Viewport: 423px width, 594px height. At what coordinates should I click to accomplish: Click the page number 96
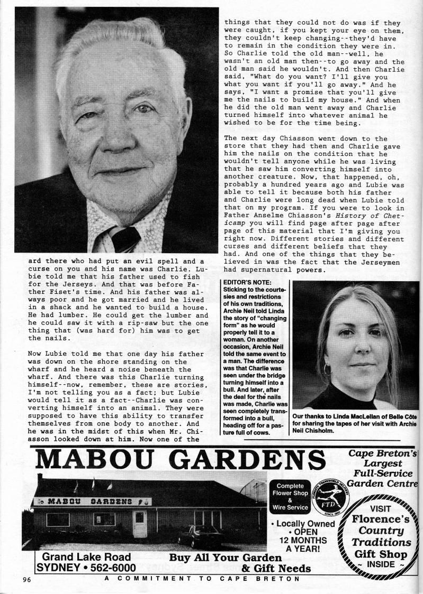click(27, 579)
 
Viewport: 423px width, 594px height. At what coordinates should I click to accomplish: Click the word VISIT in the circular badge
click(380, 509)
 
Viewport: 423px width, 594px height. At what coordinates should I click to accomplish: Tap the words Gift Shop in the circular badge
click(381, 554)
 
